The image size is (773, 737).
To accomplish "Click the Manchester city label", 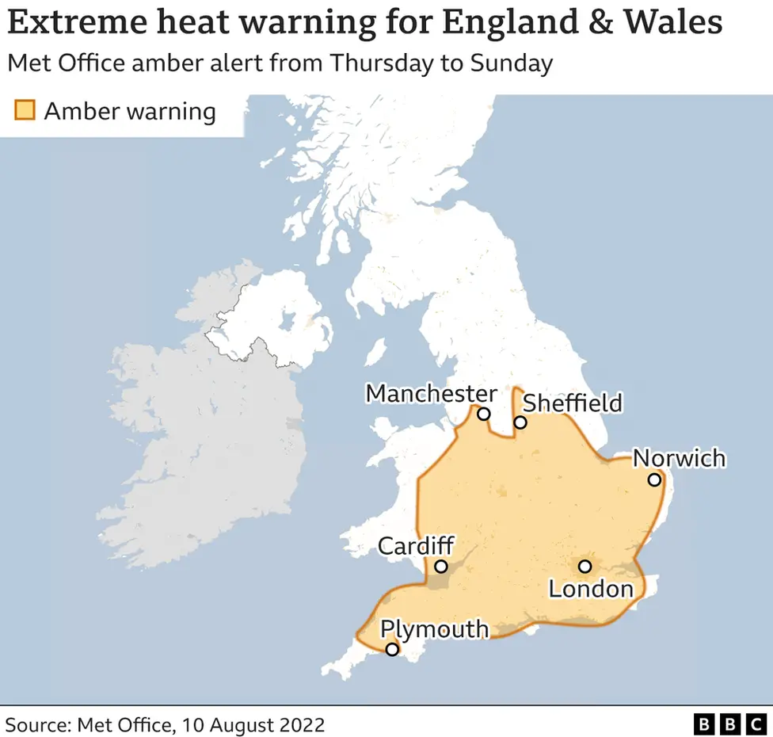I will pos(431,393).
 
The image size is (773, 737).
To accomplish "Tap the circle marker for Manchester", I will pos(483,414).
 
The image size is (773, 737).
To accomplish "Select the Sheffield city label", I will pos(573,403).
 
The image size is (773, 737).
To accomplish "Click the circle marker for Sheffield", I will pos(520,422).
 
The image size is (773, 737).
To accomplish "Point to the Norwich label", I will pos(679,458).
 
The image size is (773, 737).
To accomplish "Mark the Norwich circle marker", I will pos(654,479).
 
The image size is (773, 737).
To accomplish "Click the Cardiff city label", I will pos(416,546).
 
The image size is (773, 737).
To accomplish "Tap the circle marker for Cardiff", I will pos(441,567).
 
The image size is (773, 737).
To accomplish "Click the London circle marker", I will pos(585,566).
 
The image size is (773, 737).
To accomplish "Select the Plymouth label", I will pos(434,628).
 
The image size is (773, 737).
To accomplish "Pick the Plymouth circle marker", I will pos(391,650).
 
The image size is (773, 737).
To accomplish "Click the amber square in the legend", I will pos(25,110).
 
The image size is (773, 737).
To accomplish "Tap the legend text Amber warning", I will pos(130,111).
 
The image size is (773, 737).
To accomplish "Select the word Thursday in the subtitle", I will pos(377,63).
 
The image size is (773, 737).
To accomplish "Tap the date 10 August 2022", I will pos(253,724).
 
